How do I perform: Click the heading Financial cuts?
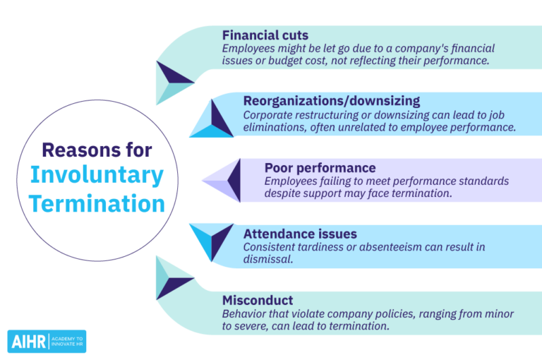pyautogui.click(x=265, y=35)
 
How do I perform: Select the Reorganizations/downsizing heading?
pyautogui.click(x=332, y=101)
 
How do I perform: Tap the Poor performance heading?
pyautogui.click(x=320, y=168)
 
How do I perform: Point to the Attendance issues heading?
pyautogui.click(x=300, y=234)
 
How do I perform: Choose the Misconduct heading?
pyautogui.click(x=257, y=300)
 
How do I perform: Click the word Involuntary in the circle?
pyautogui.click(x=97, y=175)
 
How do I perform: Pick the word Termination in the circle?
pyautogui.click(x=97, y=203)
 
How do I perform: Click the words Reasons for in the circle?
pyautogui.click(x=97, y=150)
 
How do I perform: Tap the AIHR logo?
pyautogui.click(x=47, y=341)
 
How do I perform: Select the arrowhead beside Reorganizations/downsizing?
pyautogui.click(x=212, y=120)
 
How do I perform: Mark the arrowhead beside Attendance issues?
pyautogui.click(x=212, y=240)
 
